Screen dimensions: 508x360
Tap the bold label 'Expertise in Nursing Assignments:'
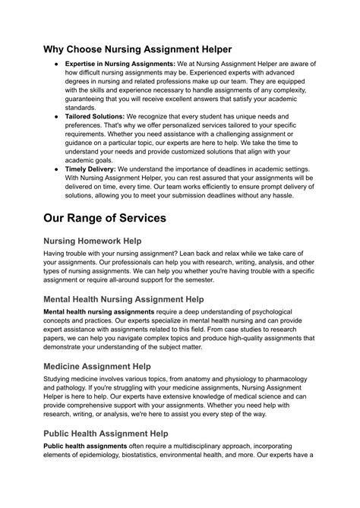(x=120, y=65)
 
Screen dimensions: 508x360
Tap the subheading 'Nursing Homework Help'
(x=103, y=241)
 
